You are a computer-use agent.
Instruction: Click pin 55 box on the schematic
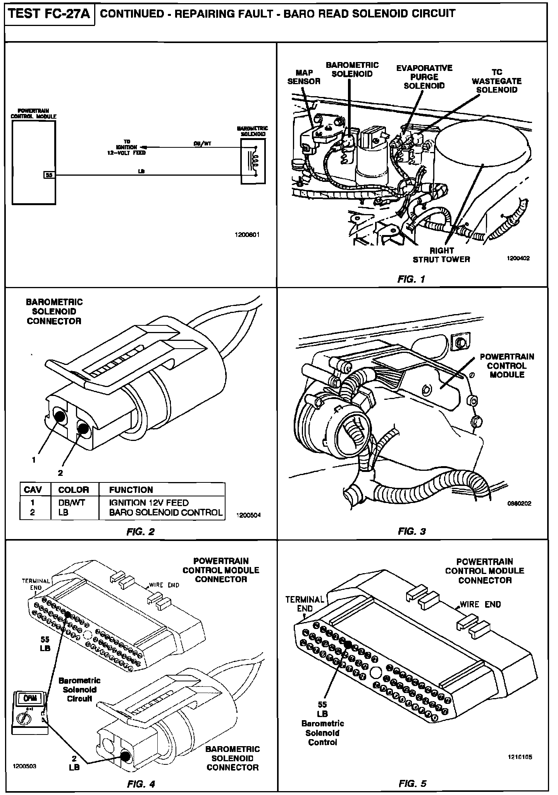click(x=49, y=175)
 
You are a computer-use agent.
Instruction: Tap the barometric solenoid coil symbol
click(x=255, y=161)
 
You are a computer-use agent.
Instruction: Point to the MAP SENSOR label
click(x=304, y=77)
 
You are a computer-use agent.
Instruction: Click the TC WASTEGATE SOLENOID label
click(x=496, y=81)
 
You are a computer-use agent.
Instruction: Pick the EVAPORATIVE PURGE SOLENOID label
click(x=424, y=77)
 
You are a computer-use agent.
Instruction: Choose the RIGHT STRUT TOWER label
click(x=441, y=255)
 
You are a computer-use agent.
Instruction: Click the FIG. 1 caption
click(x=412, y=279)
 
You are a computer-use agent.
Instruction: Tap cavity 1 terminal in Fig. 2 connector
click(x=60, y=416)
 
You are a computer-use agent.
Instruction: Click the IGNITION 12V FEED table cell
click(x=149, y=503)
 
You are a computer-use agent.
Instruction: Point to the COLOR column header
click(x=74, y=489)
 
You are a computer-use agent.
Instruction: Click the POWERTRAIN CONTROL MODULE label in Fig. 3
click(x=506, y=365)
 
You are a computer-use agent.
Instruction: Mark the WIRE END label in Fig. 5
click(x=480, y=604)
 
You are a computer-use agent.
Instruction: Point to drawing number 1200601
click(x=247, y=235)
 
